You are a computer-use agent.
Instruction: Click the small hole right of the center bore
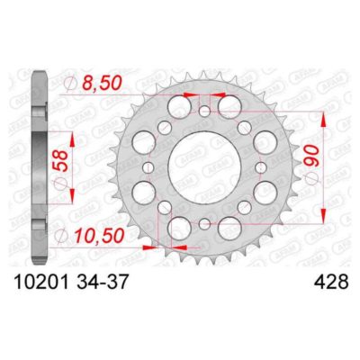(260, 167)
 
